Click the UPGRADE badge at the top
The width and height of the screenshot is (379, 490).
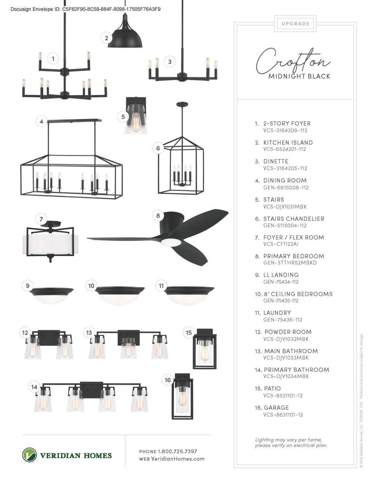pyautogui.click(x=295, y=24)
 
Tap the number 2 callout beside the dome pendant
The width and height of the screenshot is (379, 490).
pyautogui.click(x=106, y=38)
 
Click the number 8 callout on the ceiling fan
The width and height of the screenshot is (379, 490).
pyautogui.click(x=158, y=216)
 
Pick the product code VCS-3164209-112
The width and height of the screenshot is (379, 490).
pyautogui.click(x=285, y=130)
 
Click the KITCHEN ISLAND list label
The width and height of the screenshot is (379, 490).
pyautogui.click(x=288, y=143)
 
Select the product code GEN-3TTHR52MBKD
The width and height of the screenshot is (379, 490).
pyautogui.click(x=290, y=263)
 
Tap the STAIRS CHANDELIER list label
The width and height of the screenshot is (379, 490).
pyautogui.click(x=294, y=219)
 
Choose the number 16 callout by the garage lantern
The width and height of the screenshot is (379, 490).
pyautogui.click(x=168, y=380)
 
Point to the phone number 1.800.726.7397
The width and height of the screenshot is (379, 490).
pyautogui.click(x=177, y=451)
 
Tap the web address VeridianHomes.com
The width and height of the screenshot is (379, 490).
pyautogui.click(x=178, y=459)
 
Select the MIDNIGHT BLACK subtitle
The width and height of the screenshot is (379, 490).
pyautogui.click(x=299, y=76)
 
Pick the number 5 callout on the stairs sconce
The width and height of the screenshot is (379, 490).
pyautogui.click(x=123, y=116)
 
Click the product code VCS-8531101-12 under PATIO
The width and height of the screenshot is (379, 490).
pyautogui.click(x=283, y=395)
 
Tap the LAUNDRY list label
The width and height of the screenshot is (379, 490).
pyautogui.click(x=277, y=313)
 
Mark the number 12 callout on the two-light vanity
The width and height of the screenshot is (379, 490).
pyautogui.click(x=25, y=333)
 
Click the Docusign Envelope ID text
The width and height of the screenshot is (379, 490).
pyautogui.click(x=85, y=9)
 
